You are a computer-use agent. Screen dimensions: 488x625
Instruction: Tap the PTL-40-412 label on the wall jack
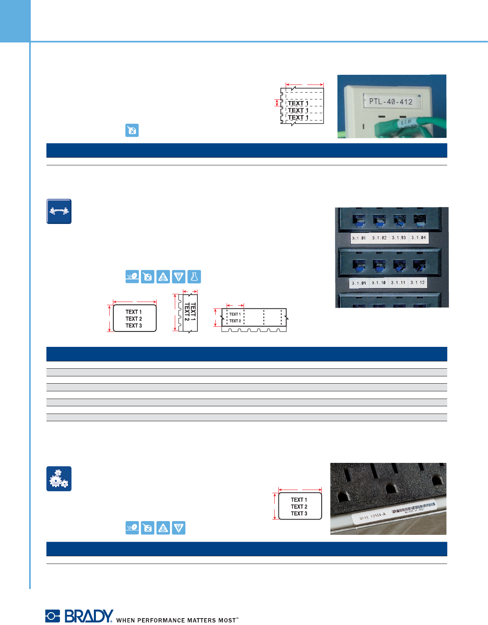390,101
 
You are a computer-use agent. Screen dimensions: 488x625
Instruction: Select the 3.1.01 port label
359,238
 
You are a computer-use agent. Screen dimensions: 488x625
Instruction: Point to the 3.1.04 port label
418,238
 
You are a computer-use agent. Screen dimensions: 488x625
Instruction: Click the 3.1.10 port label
378,283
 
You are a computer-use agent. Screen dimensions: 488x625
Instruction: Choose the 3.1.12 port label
418,282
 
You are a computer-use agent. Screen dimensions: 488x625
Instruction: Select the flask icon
194,277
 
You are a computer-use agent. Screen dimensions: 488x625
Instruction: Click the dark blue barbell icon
59,211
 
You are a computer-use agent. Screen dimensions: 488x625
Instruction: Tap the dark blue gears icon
59,479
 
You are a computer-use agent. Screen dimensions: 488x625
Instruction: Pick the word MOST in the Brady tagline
227,620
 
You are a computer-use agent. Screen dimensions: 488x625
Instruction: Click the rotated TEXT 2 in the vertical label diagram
187,312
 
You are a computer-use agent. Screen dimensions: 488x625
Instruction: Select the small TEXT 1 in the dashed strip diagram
235,314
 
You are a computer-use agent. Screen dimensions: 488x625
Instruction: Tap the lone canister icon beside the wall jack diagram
132,130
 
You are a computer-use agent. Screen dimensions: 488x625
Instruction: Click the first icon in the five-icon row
132,277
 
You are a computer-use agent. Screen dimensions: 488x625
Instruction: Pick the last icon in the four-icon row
178,528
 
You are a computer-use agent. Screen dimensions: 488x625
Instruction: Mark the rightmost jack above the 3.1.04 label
419,220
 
